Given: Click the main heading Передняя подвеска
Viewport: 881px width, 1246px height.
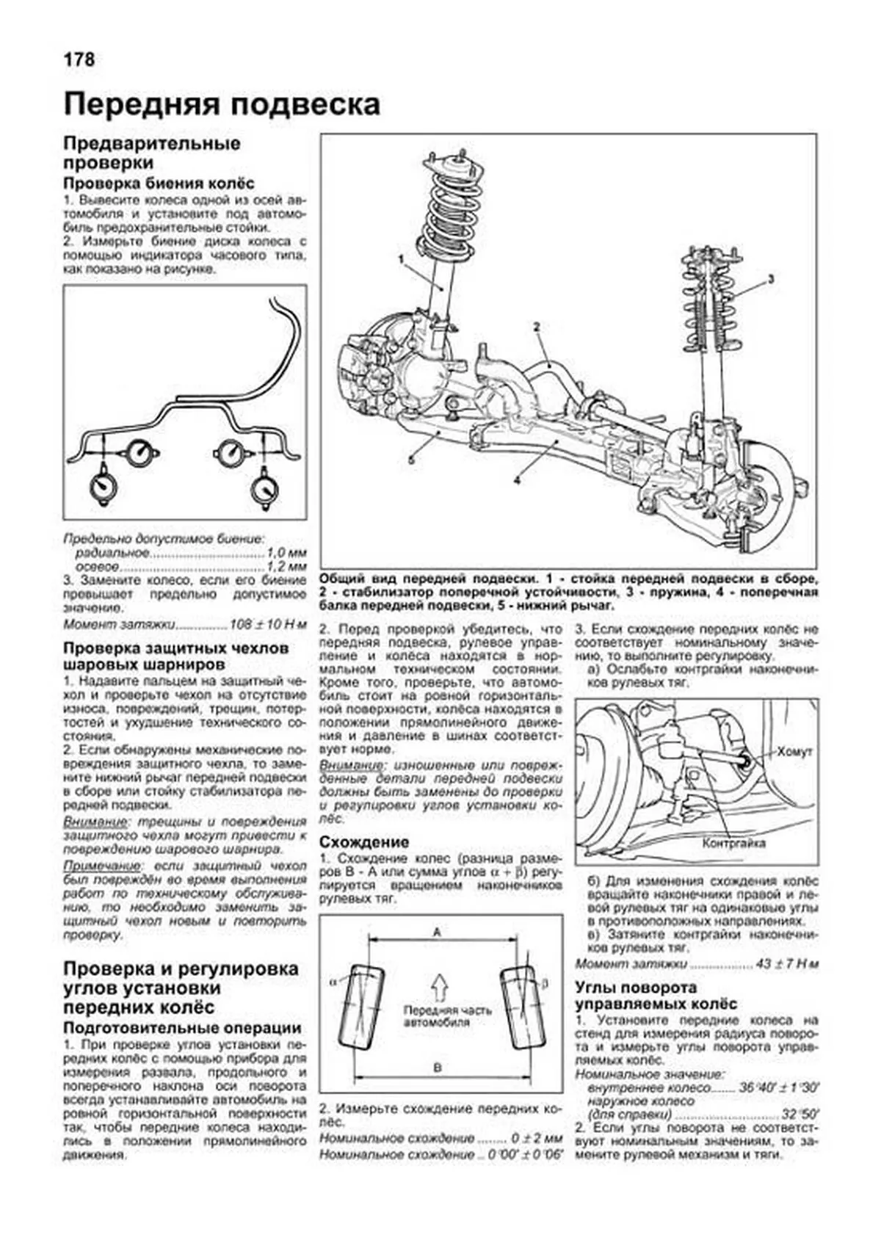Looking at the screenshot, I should tap(222, 105).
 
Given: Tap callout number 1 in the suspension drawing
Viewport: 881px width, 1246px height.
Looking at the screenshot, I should tap(401, 259).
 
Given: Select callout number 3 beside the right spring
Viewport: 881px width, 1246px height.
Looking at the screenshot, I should tap(772, 278).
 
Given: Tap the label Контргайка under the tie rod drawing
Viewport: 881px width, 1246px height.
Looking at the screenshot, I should tap(734, 843).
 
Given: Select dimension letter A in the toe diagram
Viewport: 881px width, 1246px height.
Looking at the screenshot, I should tap(438, 932).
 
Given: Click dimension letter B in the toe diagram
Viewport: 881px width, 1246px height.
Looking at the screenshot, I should tap(438, 1068).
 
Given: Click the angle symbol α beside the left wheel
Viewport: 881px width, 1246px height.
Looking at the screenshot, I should tap(334, 982).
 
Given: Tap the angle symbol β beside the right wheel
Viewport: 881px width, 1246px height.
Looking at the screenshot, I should tap(545, 981).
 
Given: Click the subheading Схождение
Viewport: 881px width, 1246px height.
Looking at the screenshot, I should tap(364, 842).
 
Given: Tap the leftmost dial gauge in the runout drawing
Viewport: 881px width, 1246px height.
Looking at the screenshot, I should tap(103, 485).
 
